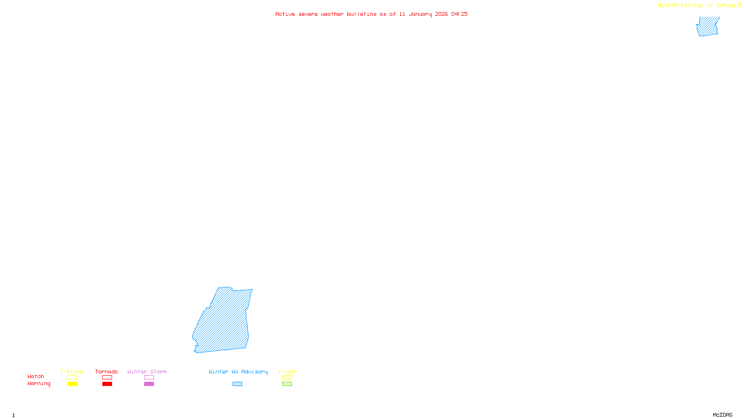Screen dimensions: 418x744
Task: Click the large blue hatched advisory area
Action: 223,320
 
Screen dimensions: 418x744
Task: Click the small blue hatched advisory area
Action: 708,26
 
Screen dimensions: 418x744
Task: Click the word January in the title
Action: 420,14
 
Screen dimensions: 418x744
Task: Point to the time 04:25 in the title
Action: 459,14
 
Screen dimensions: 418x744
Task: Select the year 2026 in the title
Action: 441,14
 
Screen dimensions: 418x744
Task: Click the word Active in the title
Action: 285,14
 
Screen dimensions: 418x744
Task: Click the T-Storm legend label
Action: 72,372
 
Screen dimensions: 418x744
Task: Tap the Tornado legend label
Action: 106,372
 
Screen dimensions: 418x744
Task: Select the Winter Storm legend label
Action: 147,372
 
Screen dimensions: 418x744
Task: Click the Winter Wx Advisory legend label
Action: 238,372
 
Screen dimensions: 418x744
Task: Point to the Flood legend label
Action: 287,372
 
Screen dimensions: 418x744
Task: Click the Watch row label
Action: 36,376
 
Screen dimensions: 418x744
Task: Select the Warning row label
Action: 39,384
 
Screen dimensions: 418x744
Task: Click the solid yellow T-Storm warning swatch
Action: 72,384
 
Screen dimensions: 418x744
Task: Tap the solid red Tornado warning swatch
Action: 107,384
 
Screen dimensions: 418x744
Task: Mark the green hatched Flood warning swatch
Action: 287,384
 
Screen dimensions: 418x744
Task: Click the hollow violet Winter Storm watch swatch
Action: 149,378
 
